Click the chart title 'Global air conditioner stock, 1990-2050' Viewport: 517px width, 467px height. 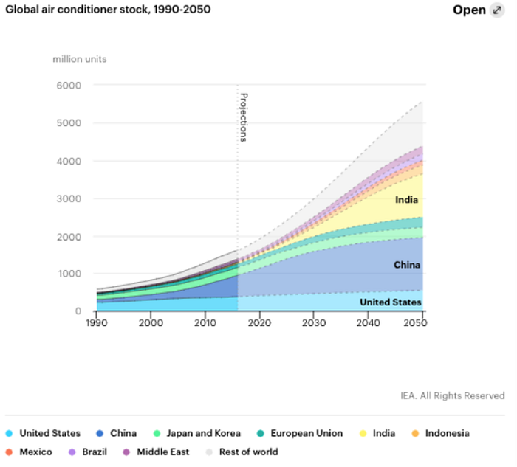click(x=108, y=9)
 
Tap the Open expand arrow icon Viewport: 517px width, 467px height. click(x=497, y=10)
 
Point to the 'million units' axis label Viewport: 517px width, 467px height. click(x=80, y=59)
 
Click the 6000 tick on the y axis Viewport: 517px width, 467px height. click(x=69, y=86)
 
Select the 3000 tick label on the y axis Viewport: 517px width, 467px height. click(x=69, y=199)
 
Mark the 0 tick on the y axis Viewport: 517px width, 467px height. click(x=78, y=311)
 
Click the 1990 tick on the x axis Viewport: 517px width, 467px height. click(x=96, y=322)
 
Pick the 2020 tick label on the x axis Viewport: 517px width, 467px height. click(x=259, y=322)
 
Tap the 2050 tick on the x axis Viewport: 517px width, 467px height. click(x=415, y=322)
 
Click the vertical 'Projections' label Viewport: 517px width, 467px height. click(x=244, y=117)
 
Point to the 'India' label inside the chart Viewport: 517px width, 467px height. click(x=406, y=200)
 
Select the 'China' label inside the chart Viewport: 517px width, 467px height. click(x=407, y=265)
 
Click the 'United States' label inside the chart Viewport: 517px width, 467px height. click(x=391, y=302)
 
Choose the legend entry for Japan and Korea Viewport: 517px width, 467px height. click(x=197, y=433)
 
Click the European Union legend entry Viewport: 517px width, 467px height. click(x=300, y=433)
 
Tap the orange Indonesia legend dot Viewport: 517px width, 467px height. click(x=415, y=433)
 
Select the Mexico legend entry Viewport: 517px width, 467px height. click(x=29, y=452)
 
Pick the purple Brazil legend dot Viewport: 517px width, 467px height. click(x=72, y=452)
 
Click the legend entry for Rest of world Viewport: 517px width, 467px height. click(x=242, y=452)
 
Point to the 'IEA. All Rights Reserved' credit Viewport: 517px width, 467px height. click(x=452, y=395)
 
